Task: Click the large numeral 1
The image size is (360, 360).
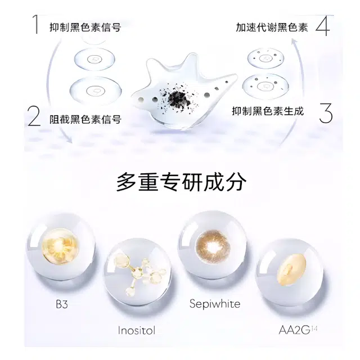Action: click(35, 24)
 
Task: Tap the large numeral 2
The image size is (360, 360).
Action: click(34, 116)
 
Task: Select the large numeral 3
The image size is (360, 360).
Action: click(326, 112)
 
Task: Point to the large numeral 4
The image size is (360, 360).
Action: click(323, 25)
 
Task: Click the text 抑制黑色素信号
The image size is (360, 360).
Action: click(85, 28)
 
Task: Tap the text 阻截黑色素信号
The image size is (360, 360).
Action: click(85, 119)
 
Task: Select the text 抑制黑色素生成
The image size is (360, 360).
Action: click(268, 111)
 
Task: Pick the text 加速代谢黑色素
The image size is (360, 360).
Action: click(272, 28)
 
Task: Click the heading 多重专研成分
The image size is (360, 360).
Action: click(181, 182)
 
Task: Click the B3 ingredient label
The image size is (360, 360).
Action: click(62, 304)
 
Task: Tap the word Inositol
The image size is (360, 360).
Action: click(137, 330)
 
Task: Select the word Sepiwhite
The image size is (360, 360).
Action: click(215, 304)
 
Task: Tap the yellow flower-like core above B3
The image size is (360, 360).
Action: click(60, 247)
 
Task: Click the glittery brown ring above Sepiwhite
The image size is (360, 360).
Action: click(213, 247)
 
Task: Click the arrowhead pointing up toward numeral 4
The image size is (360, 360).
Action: click(295, 42)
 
